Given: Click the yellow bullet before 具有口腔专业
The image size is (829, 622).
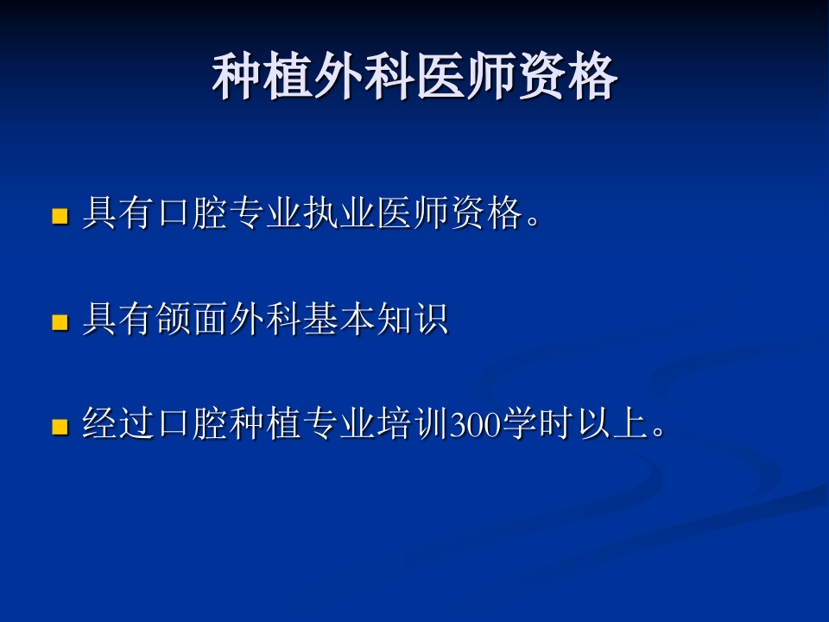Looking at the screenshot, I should point(60,216).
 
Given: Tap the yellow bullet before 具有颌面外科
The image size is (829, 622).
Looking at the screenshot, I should point(60,323).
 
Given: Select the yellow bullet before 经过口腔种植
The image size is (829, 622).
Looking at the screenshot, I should point(60,427).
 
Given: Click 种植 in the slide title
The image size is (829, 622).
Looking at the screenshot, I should point(263,78).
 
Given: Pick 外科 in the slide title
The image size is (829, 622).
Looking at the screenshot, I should point(364,78).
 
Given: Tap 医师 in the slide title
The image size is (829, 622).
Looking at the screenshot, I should point(465,78).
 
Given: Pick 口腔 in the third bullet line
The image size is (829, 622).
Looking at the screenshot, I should point(193,425).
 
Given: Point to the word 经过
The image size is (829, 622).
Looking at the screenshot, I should point(118,425).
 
